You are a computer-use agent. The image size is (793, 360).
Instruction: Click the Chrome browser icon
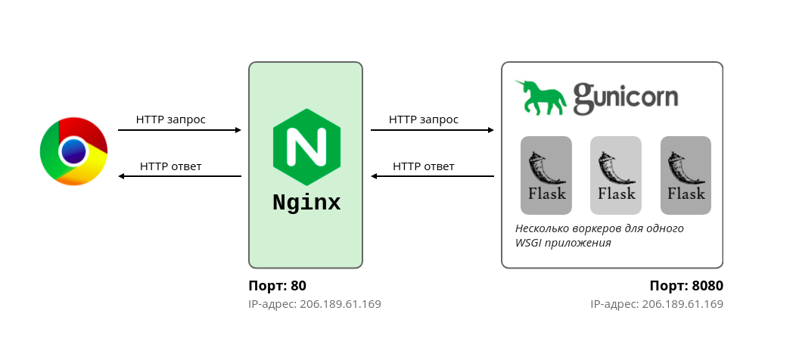[73, 151]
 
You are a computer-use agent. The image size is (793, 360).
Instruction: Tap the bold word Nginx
[306, 203]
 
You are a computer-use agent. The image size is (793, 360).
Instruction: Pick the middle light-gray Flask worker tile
[616, 175]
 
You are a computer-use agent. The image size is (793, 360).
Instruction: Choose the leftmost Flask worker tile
[546, 175]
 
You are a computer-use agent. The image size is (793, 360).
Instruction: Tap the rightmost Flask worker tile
[686, 175]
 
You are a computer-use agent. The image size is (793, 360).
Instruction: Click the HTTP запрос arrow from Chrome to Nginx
[179, 130]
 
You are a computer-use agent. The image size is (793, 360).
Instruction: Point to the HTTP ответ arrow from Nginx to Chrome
[179, 177]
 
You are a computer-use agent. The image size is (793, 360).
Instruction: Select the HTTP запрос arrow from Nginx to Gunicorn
[432, 130]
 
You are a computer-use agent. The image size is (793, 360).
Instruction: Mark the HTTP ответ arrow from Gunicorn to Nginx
[432, 177]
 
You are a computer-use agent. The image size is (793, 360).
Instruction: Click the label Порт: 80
[277, 286]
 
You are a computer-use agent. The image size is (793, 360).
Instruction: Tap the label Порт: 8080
[686, 286]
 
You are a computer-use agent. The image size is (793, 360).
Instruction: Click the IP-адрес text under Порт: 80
[315, 304]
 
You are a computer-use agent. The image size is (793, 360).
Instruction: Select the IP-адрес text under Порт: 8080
[657, 304]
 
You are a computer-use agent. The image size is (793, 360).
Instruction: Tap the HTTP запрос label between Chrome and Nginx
[171, 119]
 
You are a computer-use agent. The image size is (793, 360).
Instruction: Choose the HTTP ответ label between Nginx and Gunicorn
[424, 166]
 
